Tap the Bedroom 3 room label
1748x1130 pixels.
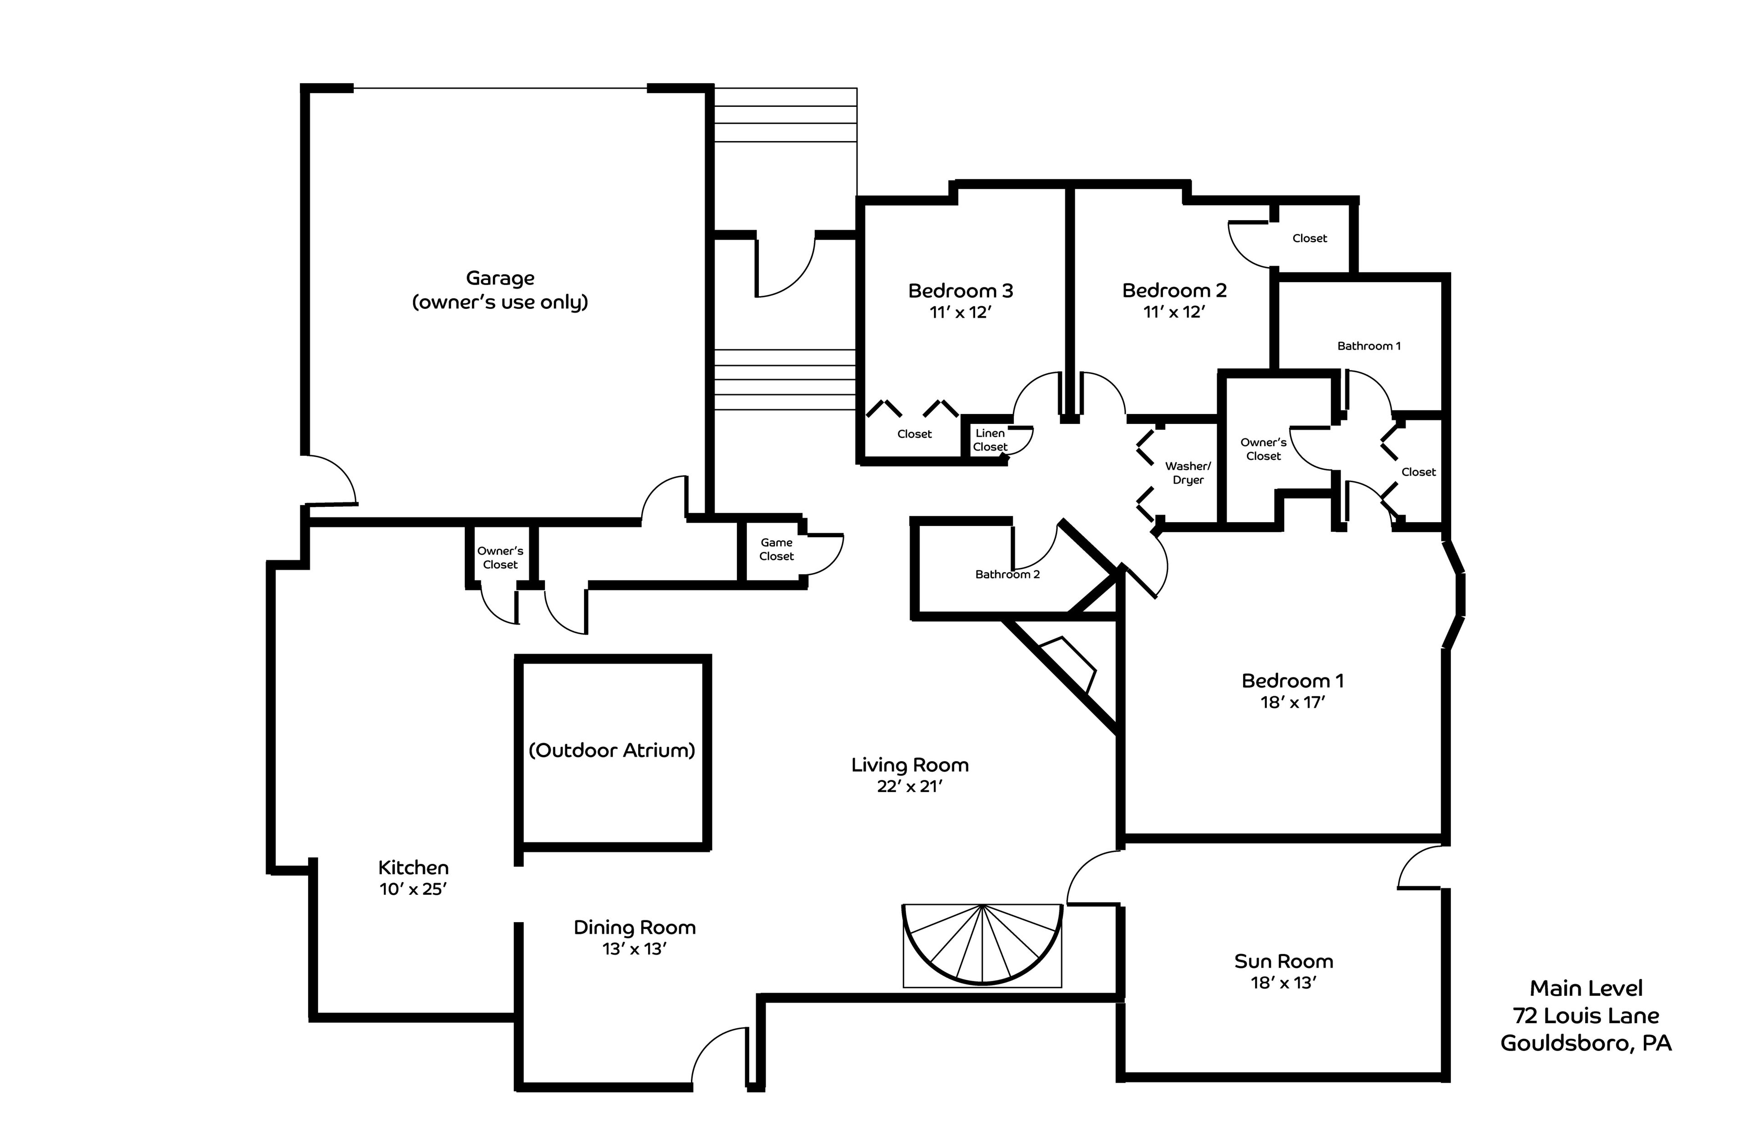coord(960,291)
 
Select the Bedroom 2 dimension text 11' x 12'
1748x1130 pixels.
coord(1174,313)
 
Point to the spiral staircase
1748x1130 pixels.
coord(981,945)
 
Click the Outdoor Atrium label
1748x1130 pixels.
coord(611,750)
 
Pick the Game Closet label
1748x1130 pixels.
coord(776,550)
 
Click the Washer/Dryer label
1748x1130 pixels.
coord(1188,473)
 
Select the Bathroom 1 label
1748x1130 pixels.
coord(1368,346)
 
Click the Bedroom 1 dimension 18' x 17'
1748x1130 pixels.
coord(1292,703)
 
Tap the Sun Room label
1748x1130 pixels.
coord(1283,961)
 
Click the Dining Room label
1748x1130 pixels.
coord(634,928)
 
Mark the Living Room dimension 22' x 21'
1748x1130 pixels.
coord(909,787)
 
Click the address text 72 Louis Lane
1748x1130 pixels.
coord(1585,1015)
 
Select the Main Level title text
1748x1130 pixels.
coord(1586,989)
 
